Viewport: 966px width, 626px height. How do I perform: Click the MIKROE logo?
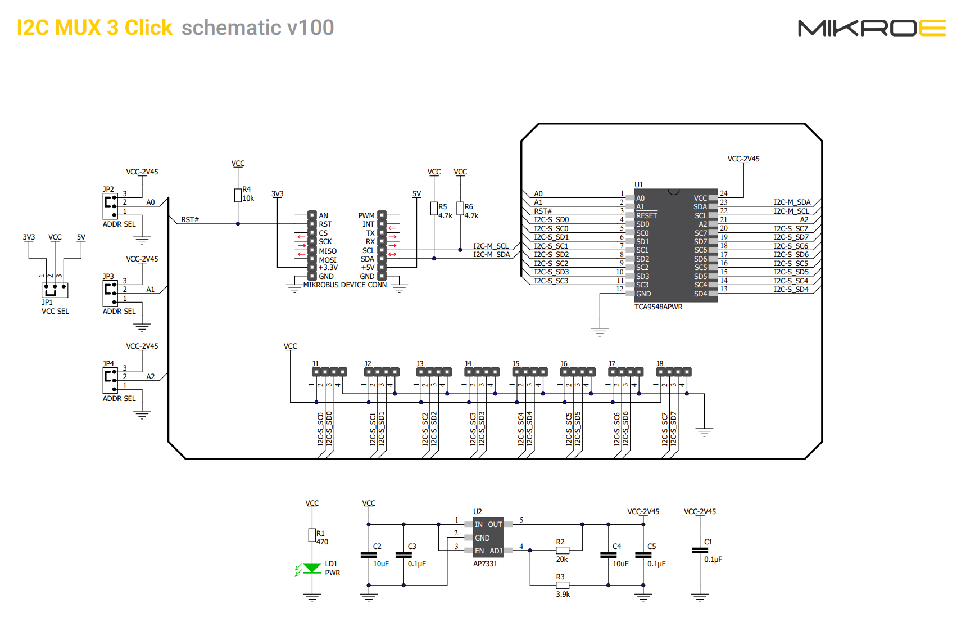coord(871,28)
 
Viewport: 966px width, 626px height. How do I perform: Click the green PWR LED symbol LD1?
coord(312,568)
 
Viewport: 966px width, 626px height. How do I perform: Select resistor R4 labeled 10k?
coord(238,195)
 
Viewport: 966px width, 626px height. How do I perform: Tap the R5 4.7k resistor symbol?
coord(434,209)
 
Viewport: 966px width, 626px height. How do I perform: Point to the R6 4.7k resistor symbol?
coord(460,209)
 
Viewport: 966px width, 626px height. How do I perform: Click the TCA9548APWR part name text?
coord(658,307)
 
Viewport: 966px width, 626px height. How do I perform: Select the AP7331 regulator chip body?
coord(488,537)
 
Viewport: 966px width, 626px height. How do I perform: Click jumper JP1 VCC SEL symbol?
coord(55,290)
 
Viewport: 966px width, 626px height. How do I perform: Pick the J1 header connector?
coord(329,372)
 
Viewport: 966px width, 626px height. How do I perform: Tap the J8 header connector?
coord(674,372)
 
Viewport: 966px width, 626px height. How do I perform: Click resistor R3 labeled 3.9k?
coord(563,586)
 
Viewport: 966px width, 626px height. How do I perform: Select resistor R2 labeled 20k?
coord(563,551)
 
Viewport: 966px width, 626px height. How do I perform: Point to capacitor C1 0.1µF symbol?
coord(700,551)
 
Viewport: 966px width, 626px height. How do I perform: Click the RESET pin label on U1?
coord(646,215)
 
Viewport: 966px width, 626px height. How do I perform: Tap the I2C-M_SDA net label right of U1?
coord(792,202)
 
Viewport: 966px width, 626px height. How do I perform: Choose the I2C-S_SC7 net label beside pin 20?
coord(791,228)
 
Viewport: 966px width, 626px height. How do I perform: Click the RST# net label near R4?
coord(190,220)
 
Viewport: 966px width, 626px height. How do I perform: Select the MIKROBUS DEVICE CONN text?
coord(344,285)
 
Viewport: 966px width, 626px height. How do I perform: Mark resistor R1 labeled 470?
coord(312,535)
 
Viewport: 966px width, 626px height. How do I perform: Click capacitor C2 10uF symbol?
coord(369,555)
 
